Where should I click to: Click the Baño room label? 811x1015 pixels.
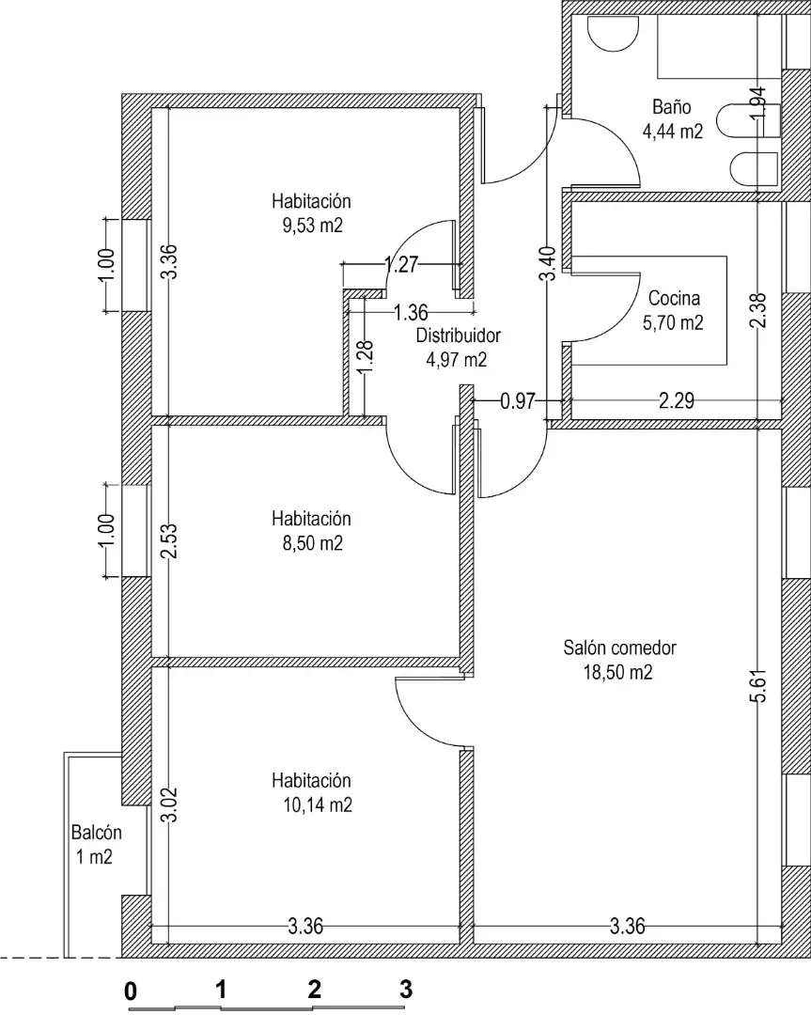pos(671,107)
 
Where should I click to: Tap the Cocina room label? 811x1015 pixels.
pos(674,299)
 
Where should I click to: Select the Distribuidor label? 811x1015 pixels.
pos(458,336)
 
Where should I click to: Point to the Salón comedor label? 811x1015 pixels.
pos(619,648)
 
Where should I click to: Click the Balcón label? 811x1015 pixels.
pos(97,833)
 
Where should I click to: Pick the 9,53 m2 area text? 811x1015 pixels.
pos(312,226)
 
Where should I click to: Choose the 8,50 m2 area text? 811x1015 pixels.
pos(312,543)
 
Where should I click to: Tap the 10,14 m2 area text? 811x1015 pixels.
pos(317,804)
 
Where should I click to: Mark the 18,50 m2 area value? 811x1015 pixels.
pos(617,673)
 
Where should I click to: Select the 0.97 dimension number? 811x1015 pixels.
pos(518,401)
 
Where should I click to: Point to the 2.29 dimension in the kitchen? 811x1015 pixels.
pos(677,401)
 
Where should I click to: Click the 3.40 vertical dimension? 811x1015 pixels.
pos(548,263)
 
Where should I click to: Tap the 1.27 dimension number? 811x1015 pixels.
pos(401,264)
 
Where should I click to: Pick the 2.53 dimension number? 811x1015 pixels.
pos(169,541)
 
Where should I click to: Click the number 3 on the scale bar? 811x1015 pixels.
pos(406,989)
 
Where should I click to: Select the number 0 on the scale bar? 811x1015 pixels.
pos(131,992)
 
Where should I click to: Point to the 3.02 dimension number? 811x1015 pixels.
pos(169,804)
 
